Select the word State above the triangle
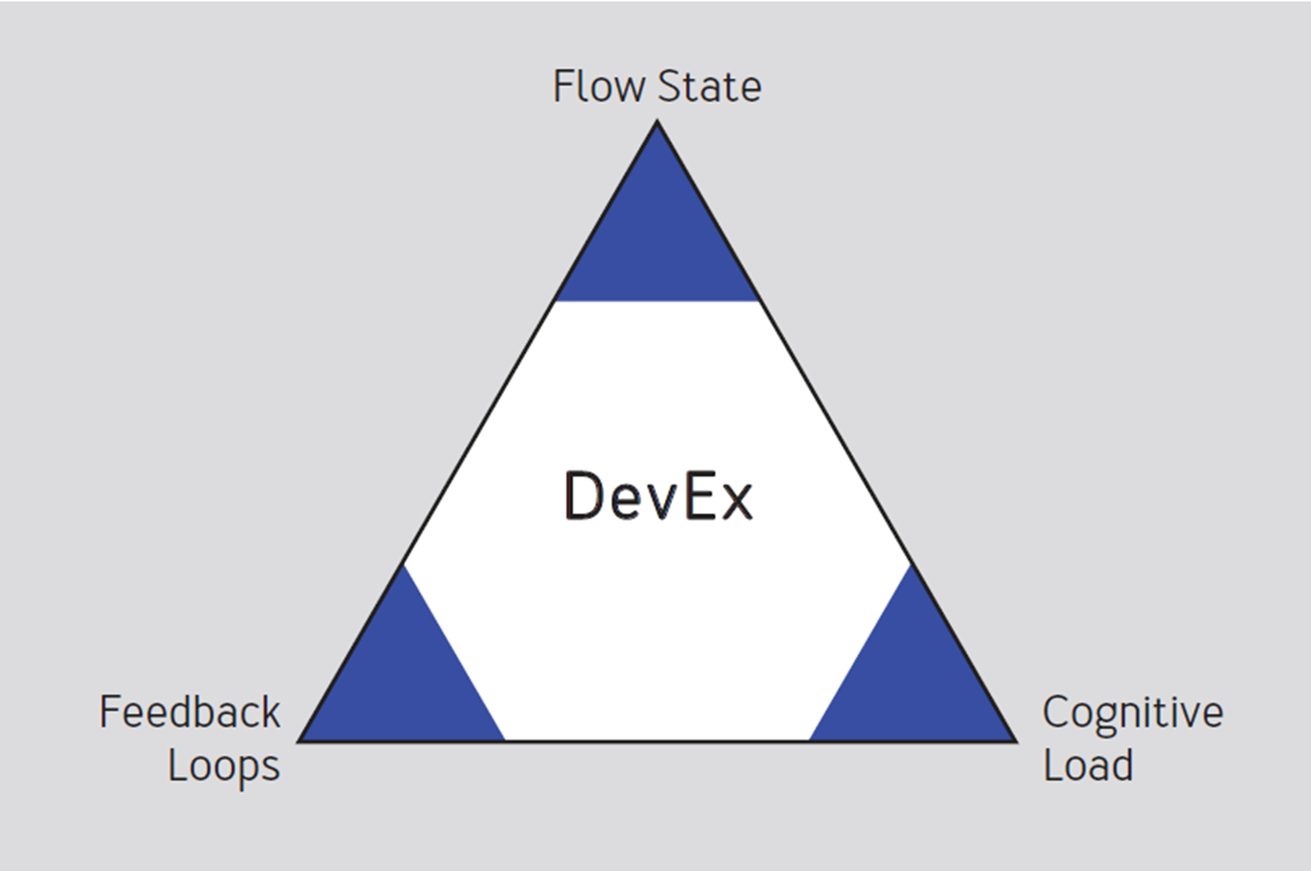point(710,87)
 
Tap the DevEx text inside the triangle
point(658,496)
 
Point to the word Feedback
point(190,712)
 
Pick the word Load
point(1088,766)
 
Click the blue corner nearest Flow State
point(657,239)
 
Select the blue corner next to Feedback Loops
point(394,682)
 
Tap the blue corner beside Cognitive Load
point(918,682)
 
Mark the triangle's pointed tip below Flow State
point(657,123)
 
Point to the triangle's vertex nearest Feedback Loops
point(300,740)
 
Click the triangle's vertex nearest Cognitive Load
point(1014,740)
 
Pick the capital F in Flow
point(563,87)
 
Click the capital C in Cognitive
point(1057,712)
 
